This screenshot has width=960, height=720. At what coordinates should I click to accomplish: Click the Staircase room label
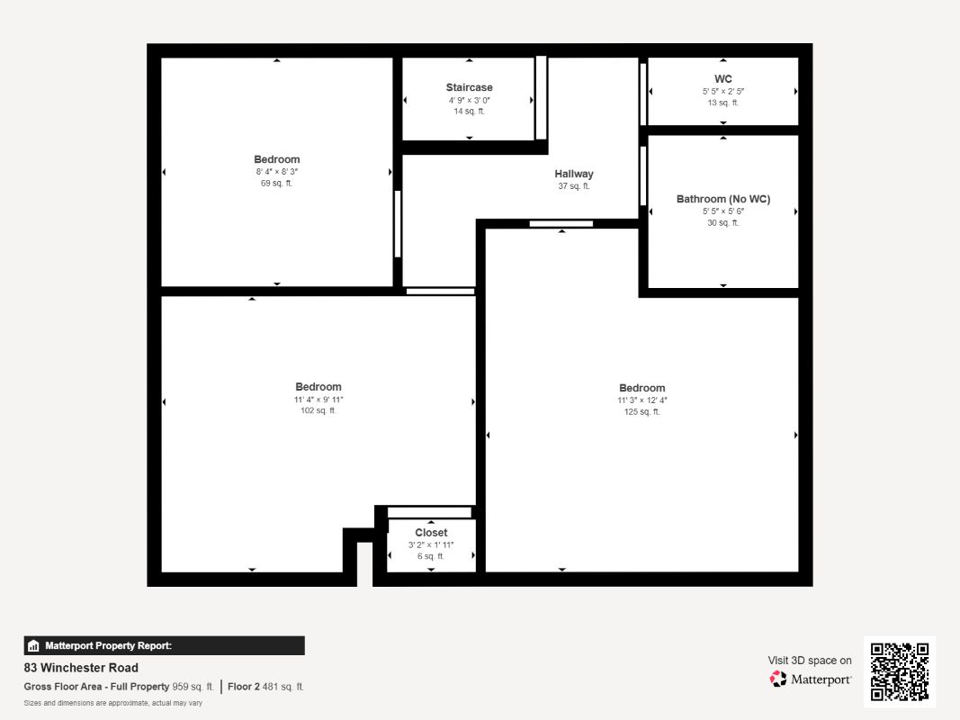tap(469, 87)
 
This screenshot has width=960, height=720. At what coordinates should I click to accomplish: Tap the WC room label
tap(723, 79)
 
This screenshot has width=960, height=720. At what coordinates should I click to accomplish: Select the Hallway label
tap(574, 174)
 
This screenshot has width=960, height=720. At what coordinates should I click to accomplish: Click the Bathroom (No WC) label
tap(723, 199)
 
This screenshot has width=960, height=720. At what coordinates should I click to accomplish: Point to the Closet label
tap(431, 533)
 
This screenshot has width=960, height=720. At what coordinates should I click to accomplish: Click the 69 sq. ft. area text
tap(277, 183)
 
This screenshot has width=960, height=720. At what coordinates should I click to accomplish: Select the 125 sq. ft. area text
tap(641, 412)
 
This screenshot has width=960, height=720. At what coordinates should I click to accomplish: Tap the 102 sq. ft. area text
tap(319, 410)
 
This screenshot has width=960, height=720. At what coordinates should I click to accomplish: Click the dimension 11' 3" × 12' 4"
tap(641, 400)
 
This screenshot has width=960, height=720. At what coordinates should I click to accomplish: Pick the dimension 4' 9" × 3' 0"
tap(469, 101)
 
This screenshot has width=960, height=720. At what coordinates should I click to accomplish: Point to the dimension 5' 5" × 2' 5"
tap(723, 91)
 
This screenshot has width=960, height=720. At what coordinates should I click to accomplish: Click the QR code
tap(900, 671)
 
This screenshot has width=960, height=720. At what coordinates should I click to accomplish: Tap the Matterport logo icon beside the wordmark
tap(778, 679)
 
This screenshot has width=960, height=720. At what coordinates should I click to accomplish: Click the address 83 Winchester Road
tap(81, 667)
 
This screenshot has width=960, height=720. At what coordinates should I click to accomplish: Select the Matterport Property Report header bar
tap(164, 645)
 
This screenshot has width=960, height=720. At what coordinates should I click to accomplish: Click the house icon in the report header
tap(33, 645)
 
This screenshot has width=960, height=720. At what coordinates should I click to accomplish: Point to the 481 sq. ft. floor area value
tap(283, 687)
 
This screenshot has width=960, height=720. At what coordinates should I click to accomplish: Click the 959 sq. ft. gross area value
tap(193, 687)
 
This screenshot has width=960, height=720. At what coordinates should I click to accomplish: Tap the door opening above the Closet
tap(429, 512)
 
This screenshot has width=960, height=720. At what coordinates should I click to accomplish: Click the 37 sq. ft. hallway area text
tap(574, 186)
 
